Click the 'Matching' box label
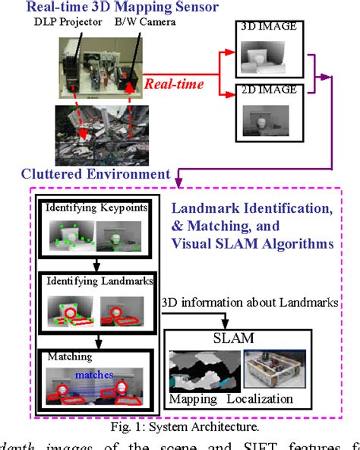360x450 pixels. tap(68, 355)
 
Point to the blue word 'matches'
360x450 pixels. tap(94, 374)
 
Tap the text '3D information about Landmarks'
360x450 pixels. tap(245, 302)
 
